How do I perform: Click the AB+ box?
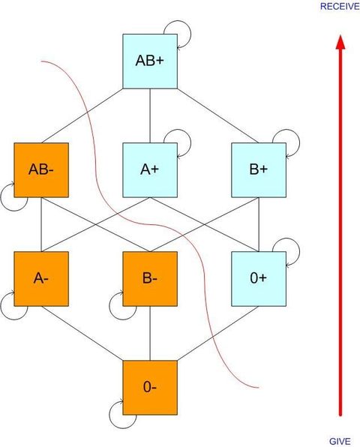pos(150,61)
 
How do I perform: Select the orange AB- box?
pos(41,170)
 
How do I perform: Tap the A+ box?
pos(150,170)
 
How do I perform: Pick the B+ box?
pos(259,170)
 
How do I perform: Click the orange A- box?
pos(41,279)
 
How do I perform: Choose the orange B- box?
pos(150,279)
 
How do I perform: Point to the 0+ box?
pos(259,279)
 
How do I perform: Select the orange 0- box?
pos(150,388)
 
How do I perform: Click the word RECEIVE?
pos(340,6)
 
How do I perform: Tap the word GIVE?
pos(340,441)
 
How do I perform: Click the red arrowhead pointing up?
pos(340,42)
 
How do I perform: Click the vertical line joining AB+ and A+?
pos(150,115)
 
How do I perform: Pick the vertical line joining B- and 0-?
pos(150,333)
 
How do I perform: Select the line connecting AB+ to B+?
pos(217,115)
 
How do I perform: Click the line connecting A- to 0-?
pos(82,333)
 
